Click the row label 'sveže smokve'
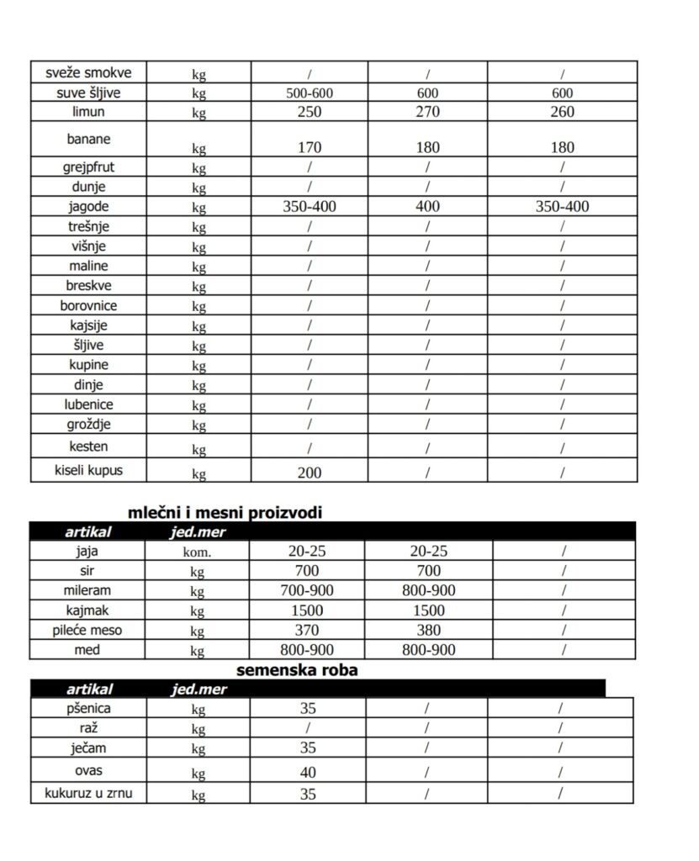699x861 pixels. [88, 72]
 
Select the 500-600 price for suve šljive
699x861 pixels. [310, 93]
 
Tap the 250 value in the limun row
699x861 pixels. [310, 112]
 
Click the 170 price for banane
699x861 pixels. [310, 148]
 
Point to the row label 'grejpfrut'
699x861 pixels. [88, 166]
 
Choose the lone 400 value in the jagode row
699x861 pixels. [428, 206]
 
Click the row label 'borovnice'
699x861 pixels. [88, 305]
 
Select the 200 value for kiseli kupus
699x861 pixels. [310, 473]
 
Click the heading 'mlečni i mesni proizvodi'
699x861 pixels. [225, 512]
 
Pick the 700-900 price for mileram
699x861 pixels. [306, 591]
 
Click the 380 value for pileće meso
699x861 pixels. [428, 631]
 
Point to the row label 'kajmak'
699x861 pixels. [88, 610]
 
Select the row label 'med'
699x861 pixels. [88, 649]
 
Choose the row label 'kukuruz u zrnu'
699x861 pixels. [87, 792]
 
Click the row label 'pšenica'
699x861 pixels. [88, 709]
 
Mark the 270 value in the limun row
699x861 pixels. [428, 112]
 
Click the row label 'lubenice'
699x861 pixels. [88, 404]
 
